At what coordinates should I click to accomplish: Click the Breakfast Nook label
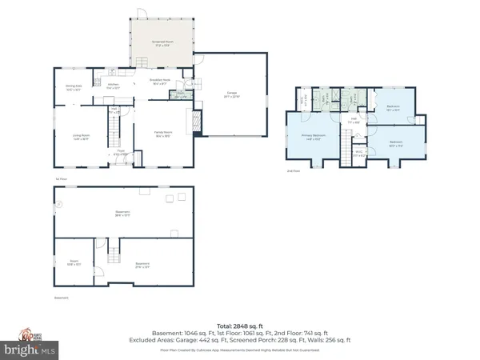pyautogui.click(x=158, y=82)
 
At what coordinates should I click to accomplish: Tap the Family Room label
pyautogui.click(x=163, y=135)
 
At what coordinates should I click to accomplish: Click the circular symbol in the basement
pyautogui.click(x=58, y=204)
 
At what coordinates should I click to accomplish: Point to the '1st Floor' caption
pyautogui.click(x=58, y=178)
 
